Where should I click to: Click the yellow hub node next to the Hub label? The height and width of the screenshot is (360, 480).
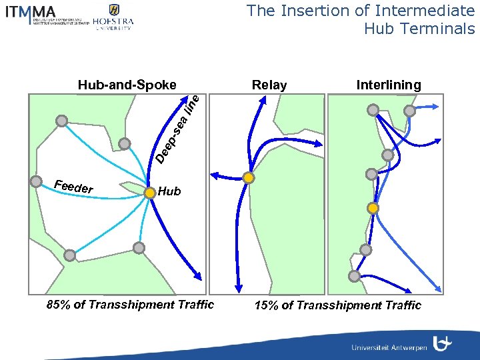tap(150, 192)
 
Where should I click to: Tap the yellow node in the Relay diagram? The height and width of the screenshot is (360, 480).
tap(248, 178)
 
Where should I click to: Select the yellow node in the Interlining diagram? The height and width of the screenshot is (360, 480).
tap(373, 208)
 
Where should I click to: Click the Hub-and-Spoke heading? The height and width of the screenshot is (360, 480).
tap(127, 85)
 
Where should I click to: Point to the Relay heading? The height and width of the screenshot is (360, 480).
tap(269, 85)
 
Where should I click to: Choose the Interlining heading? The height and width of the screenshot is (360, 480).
tap(389, 85)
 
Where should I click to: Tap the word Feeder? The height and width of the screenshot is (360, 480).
tap(73, 187)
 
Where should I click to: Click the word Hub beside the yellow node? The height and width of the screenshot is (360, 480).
tap(170, 192)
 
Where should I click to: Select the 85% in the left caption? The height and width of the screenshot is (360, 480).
tap(57, 305)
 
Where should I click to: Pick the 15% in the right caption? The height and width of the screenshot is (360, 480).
tap(266, 305)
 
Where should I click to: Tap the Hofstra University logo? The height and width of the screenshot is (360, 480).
tap(113, 17)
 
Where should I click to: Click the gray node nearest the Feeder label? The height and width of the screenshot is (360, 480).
tap(36, 180)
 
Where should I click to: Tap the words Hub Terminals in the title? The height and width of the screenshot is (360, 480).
tap(419, 29)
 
